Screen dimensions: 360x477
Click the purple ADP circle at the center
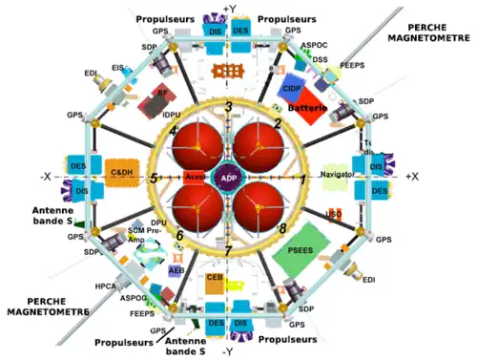point(228,179)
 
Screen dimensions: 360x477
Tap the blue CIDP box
point(292,88)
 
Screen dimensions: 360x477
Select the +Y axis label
point(229,9)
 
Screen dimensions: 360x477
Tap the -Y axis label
point(228,351)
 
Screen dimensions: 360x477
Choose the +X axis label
point(411,178)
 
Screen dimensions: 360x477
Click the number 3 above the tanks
point(228,106)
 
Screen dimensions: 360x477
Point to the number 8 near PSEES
point(282,228)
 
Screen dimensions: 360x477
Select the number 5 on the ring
point(153,179)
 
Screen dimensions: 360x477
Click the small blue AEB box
point(176,270)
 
